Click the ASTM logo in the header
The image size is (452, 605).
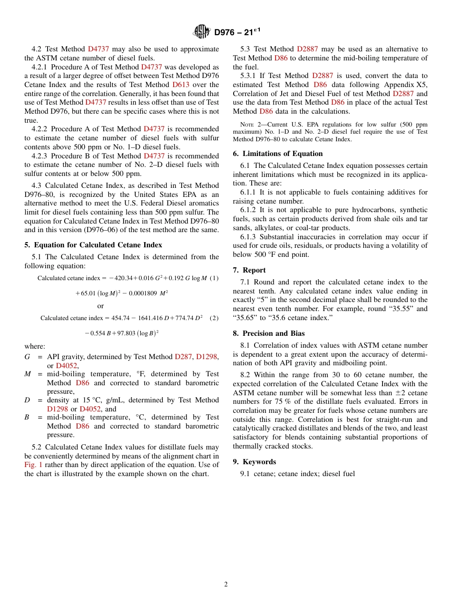[202, 32]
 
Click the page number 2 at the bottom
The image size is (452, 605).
[226, 585]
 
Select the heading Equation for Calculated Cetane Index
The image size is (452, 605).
[98, 245]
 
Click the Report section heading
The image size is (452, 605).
[254, 270]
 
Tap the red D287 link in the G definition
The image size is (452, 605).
[184, 357]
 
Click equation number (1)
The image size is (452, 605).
[214, 278]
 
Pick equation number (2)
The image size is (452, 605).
[214, 318]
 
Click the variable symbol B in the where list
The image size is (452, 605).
[27, 417]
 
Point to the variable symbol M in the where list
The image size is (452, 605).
[28, 374]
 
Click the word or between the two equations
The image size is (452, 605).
[100, 306]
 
